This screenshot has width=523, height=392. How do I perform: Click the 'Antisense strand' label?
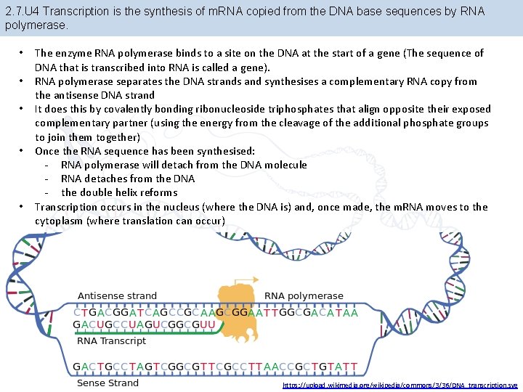point(116,296)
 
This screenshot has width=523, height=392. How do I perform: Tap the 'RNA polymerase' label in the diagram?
point(304,296)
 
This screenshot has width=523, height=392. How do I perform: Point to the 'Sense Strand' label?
point(108,383)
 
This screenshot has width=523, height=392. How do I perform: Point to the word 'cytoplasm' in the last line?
point(58,221)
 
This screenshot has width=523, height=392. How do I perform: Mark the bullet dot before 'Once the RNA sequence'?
point(25,151)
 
